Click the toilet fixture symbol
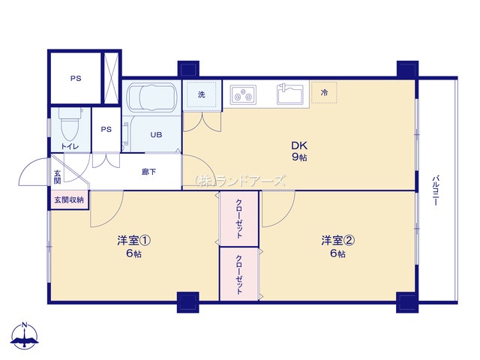(70, 124)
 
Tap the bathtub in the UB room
(151, 97)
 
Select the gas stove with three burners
(243, 95)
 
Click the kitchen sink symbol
(290, 94)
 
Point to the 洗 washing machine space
(202, 95)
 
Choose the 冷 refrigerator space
(324, 92)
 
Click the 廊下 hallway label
(148, 172)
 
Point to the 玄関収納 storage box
(69, 200)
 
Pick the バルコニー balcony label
(436, 190)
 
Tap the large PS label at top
(76, 79)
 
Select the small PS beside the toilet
(106, 130)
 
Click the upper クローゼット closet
(239, 218)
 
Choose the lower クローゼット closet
(239, 274)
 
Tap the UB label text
(156, 135)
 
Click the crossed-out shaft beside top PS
(111, 78)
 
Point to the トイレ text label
(70, 147)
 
